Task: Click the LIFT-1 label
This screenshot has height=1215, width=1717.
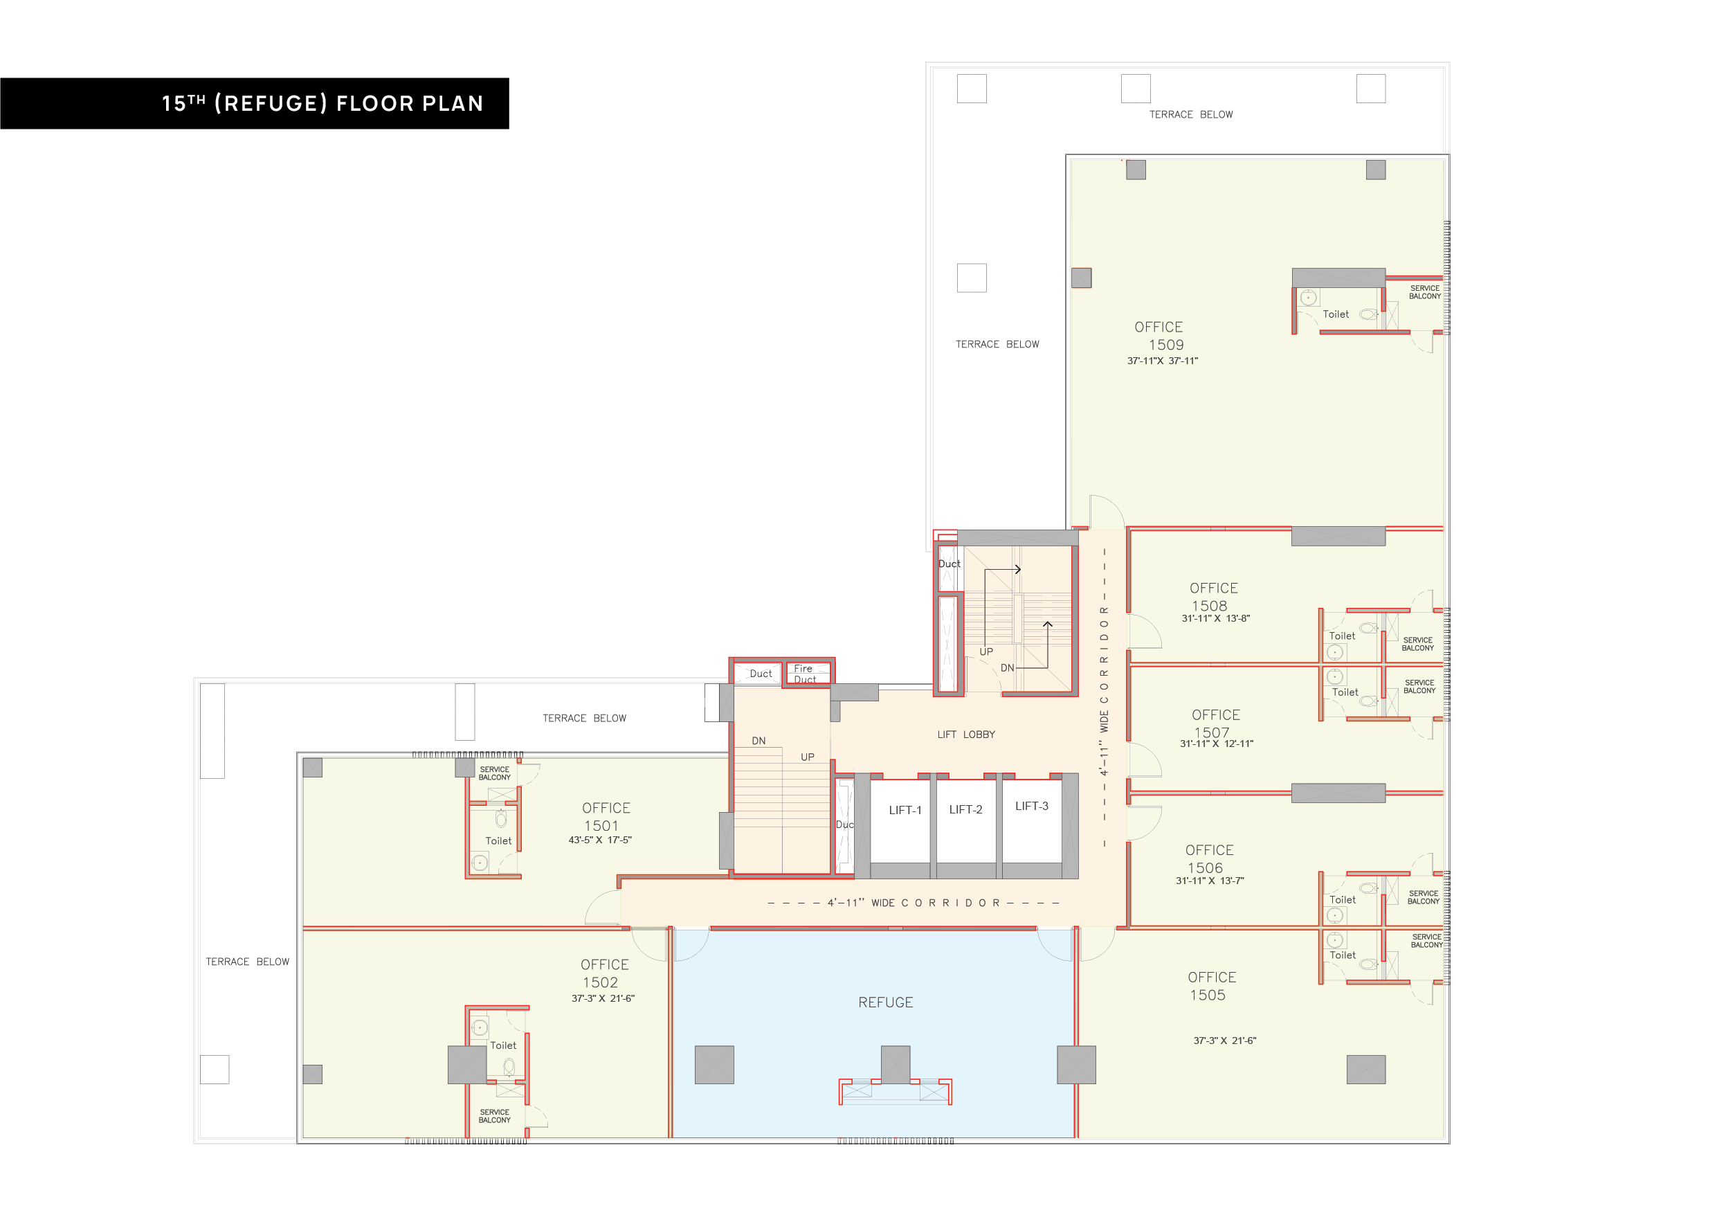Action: coord(905,810)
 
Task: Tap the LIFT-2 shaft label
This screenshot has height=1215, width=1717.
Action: coord(965,809)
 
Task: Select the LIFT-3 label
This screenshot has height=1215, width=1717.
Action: coord(1031,806)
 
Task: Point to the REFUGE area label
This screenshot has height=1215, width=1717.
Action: coord(885,1002)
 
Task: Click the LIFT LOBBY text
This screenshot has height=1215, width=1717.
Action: coord(966,735)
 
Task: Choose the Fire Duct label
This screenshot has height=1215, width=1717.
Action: coord(805,674)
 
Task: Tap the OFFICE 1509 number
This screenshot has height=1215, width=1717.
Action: coord(1166,345)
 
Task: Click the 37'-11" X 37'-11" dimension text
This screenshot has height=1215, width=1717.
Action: coord(1162,361)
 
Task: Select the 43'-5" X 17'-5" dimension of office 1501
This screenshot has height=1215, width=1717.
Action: coord(600,840)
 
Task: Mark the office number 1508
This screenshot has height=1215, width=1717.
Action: coord(1209,606)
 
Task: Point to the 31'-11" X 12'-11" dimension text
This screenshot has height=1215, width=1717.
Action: coord(1217,744)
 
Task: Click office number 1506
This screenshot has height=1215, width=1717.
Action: coord(1205,868)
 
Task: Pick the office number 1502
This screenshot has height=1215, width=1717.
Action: coord(601,982)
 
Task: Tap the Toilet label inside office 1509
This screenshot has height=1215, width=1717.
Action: coord(1336,314)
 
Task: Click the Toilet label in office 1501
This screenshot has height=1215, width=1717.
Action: coord(498,841)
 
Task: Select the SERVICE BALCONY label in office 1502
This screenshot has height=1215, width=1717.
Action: coord(494,1116)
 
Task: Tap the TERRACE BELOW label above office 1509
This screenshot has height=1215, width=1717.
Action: coord(1190,114)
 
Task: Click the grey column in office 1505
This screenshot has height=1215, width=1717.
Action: coord(1365,1070)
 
